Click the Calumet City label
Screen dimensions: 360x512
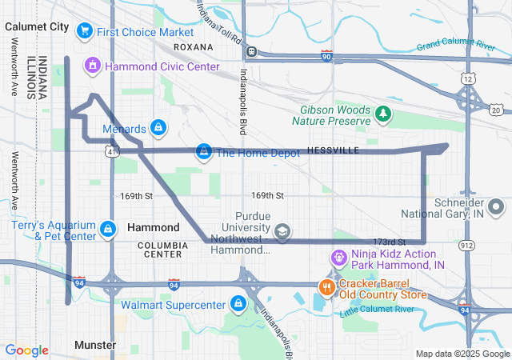[38, 26]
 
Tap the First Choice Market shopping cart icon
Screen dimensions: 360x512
[84, 31]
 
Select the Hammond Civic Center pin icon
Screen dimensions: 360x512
[93, 65]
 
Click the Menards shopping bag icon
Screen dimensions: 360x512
[158, 128]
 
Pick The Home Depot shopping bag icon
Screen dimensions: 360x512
[205, 152]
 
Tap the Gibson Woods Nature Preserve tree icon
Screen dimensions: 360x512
[383, 114]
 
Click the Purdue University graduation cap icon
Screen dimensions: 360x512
[282, 232]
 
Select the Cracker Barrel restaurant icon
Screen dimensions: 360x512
[326, 286]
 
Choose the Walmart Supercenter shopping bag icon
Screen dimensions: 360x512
[238, 305]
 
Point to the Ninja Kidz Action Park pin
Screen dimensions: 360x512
[336, 258]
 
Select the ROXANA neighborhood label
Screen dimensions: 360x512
[193, 46]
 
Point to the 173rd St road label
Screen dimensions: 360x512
[390, 242]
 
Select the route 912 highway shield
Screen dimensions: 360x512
[490, 245]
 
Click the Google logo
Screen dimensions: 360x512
[26, 350]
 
